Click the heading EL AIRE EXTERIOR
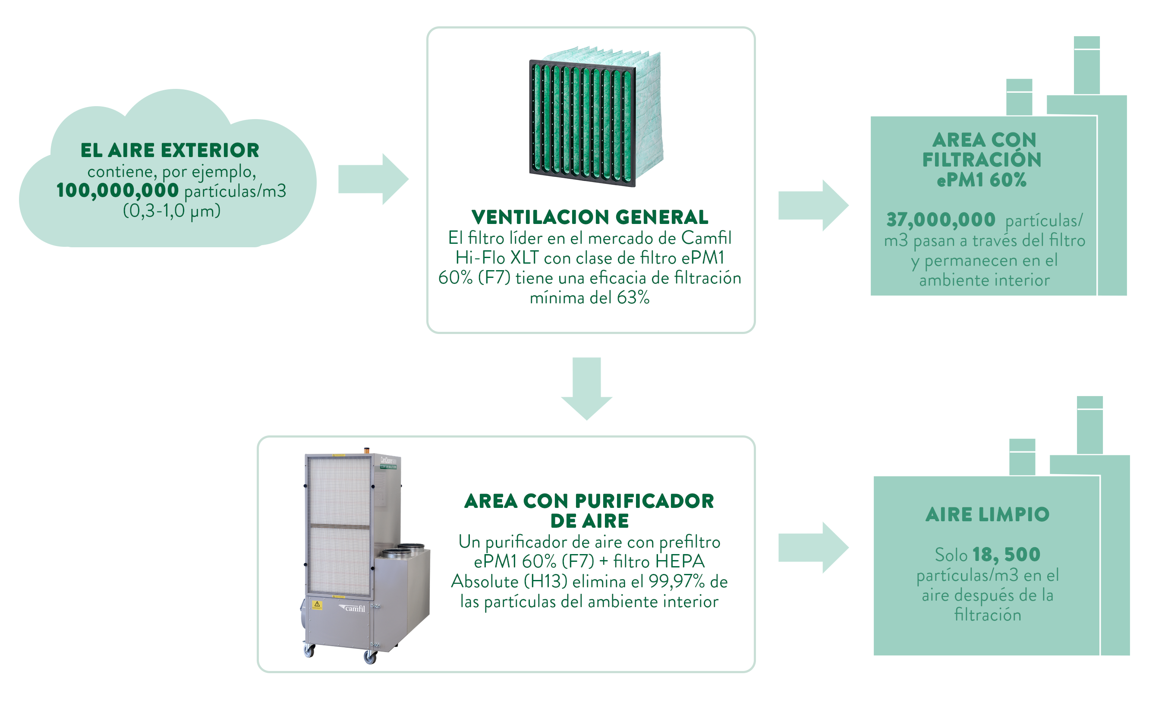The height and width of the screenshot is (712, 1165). click(170, 150)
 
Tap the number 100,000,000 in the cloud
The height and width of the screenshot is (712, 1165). click(117, 191)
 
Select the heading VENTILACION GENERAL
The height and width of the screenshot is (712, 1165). click(589, 217)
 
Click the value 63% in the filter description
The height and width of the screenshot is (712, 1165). click(633, 298)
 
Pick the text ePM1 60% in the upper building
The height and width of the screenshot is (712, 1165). click(982, 180)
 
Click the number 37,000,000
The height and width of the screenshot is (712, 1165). click(941, 220)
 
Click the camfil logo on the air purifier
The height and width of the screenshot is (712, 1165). click(352, 608)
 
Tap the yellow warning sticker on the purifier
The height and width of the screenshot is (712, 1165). click(317, 605)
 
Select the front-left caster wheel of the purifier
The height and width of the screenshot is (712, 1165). click(309, 651)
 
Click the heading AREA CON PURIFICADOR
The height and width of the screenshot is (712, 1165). click(589, 501)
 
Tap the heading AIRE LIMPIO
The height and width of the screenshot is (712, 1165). click(987, 514)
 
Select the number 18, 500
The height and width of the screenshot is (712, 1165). click(1006, 554)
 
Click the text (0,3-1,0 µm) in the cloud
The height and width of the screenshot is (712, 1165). click(172, 211)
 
